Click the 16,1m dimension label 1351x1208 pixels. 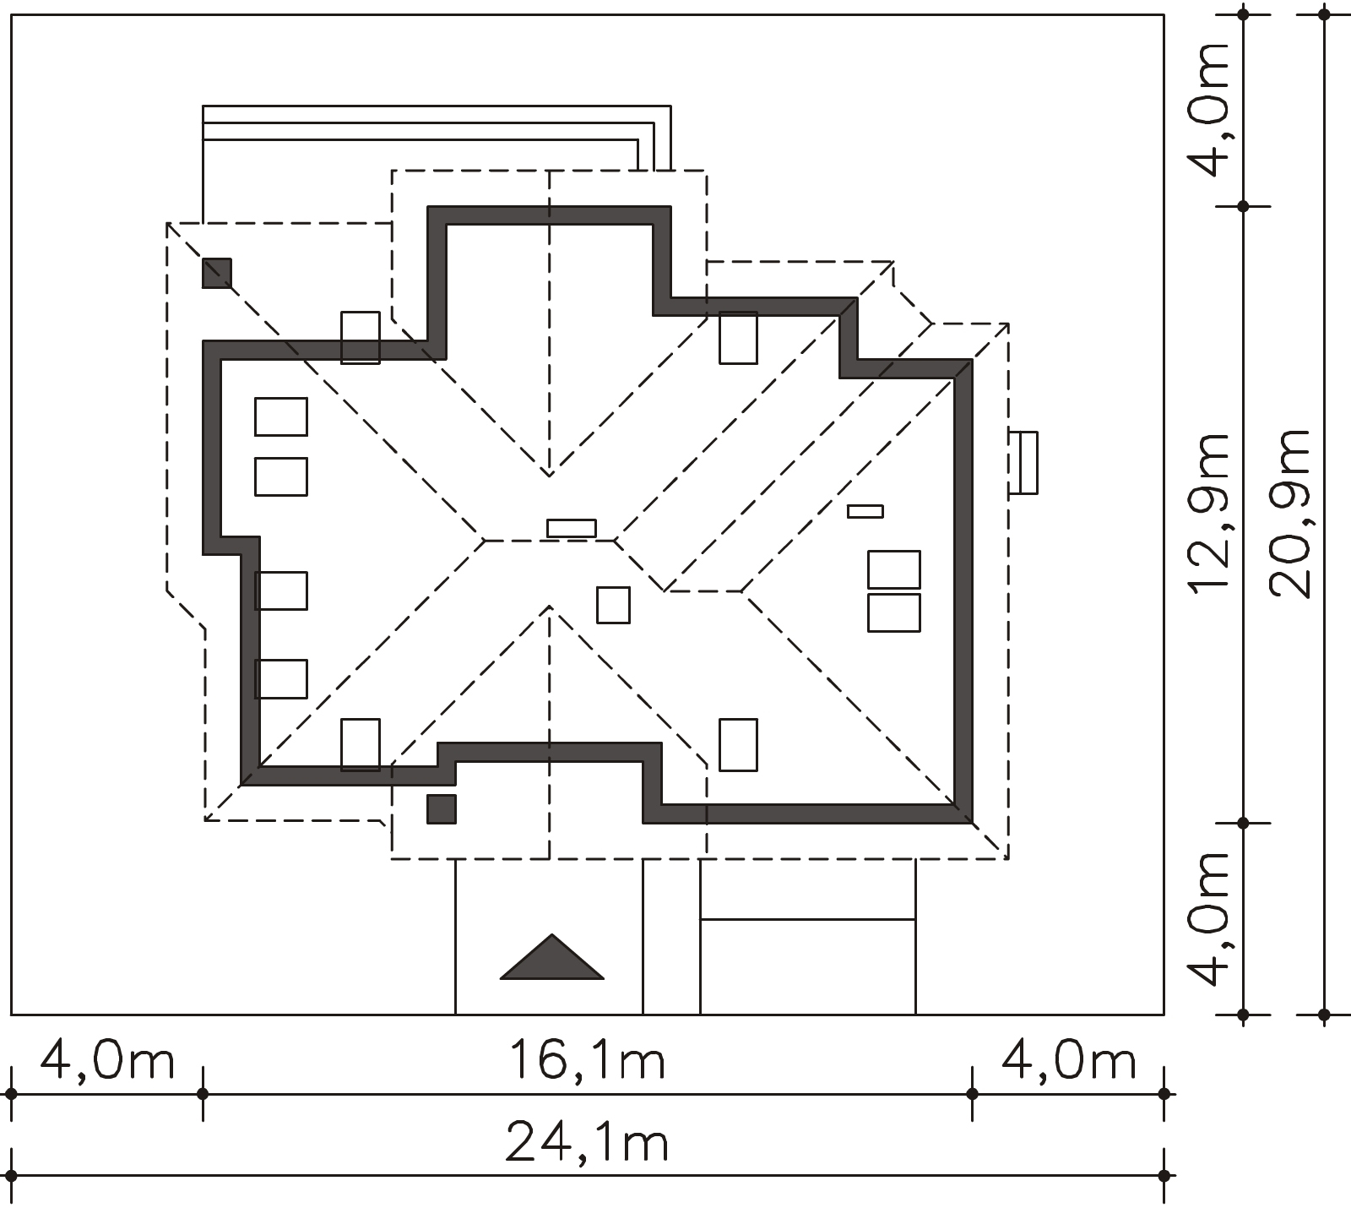point(587,1060)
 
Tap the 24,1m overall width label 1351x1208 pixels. point(587,1142)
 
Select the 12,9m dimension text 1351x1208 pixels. point(1208,513)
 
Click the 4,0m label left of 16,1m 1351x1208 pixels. point(107,1060)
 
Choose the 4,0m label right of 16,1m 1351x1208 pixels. point(1069,1060)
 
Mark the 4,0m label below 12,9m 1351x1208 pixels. point(1208,919)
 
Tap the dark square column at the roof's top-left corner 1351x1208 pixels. point(217,273)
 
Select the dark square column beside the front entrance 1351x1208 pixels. point(442,808)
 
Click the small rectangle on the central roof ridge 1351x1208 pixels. point(572,528)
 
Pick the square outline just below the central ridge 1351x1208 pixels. point(613,605)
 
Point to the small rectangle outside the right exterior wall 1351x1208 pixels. point(1024,462)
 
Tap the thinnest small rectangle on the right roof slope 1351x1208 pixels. point(865,511)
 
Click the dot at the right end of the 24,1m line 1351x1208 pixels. point(1164,1175)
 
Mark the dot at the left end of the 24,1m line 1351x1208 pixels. point(11,1175)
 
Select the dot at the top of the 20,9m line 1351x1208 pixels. point(1324,14)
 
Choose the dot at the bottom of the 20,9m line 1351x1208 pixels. point(1324,1014)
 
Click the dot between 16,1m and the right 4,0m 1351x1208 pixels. point(972,1093)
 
